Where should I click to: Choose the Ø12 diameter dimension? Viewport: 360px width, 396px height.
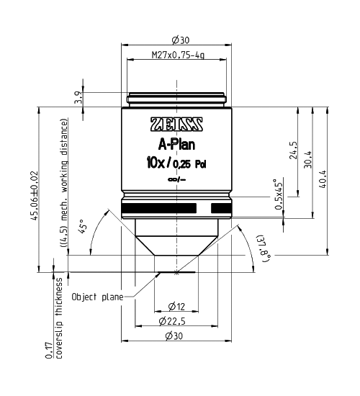(177, 305)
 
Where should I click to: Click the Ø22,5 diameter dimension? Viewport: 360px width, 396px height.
(177, 321)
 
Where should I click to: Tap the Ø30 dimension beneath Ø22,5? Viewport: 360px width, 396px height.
(177, 336)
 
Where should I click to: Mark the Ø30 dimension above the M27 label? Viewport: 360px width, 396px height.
(177, 40)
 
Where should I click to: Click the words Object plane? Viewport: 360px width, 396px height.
(96, 296)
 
